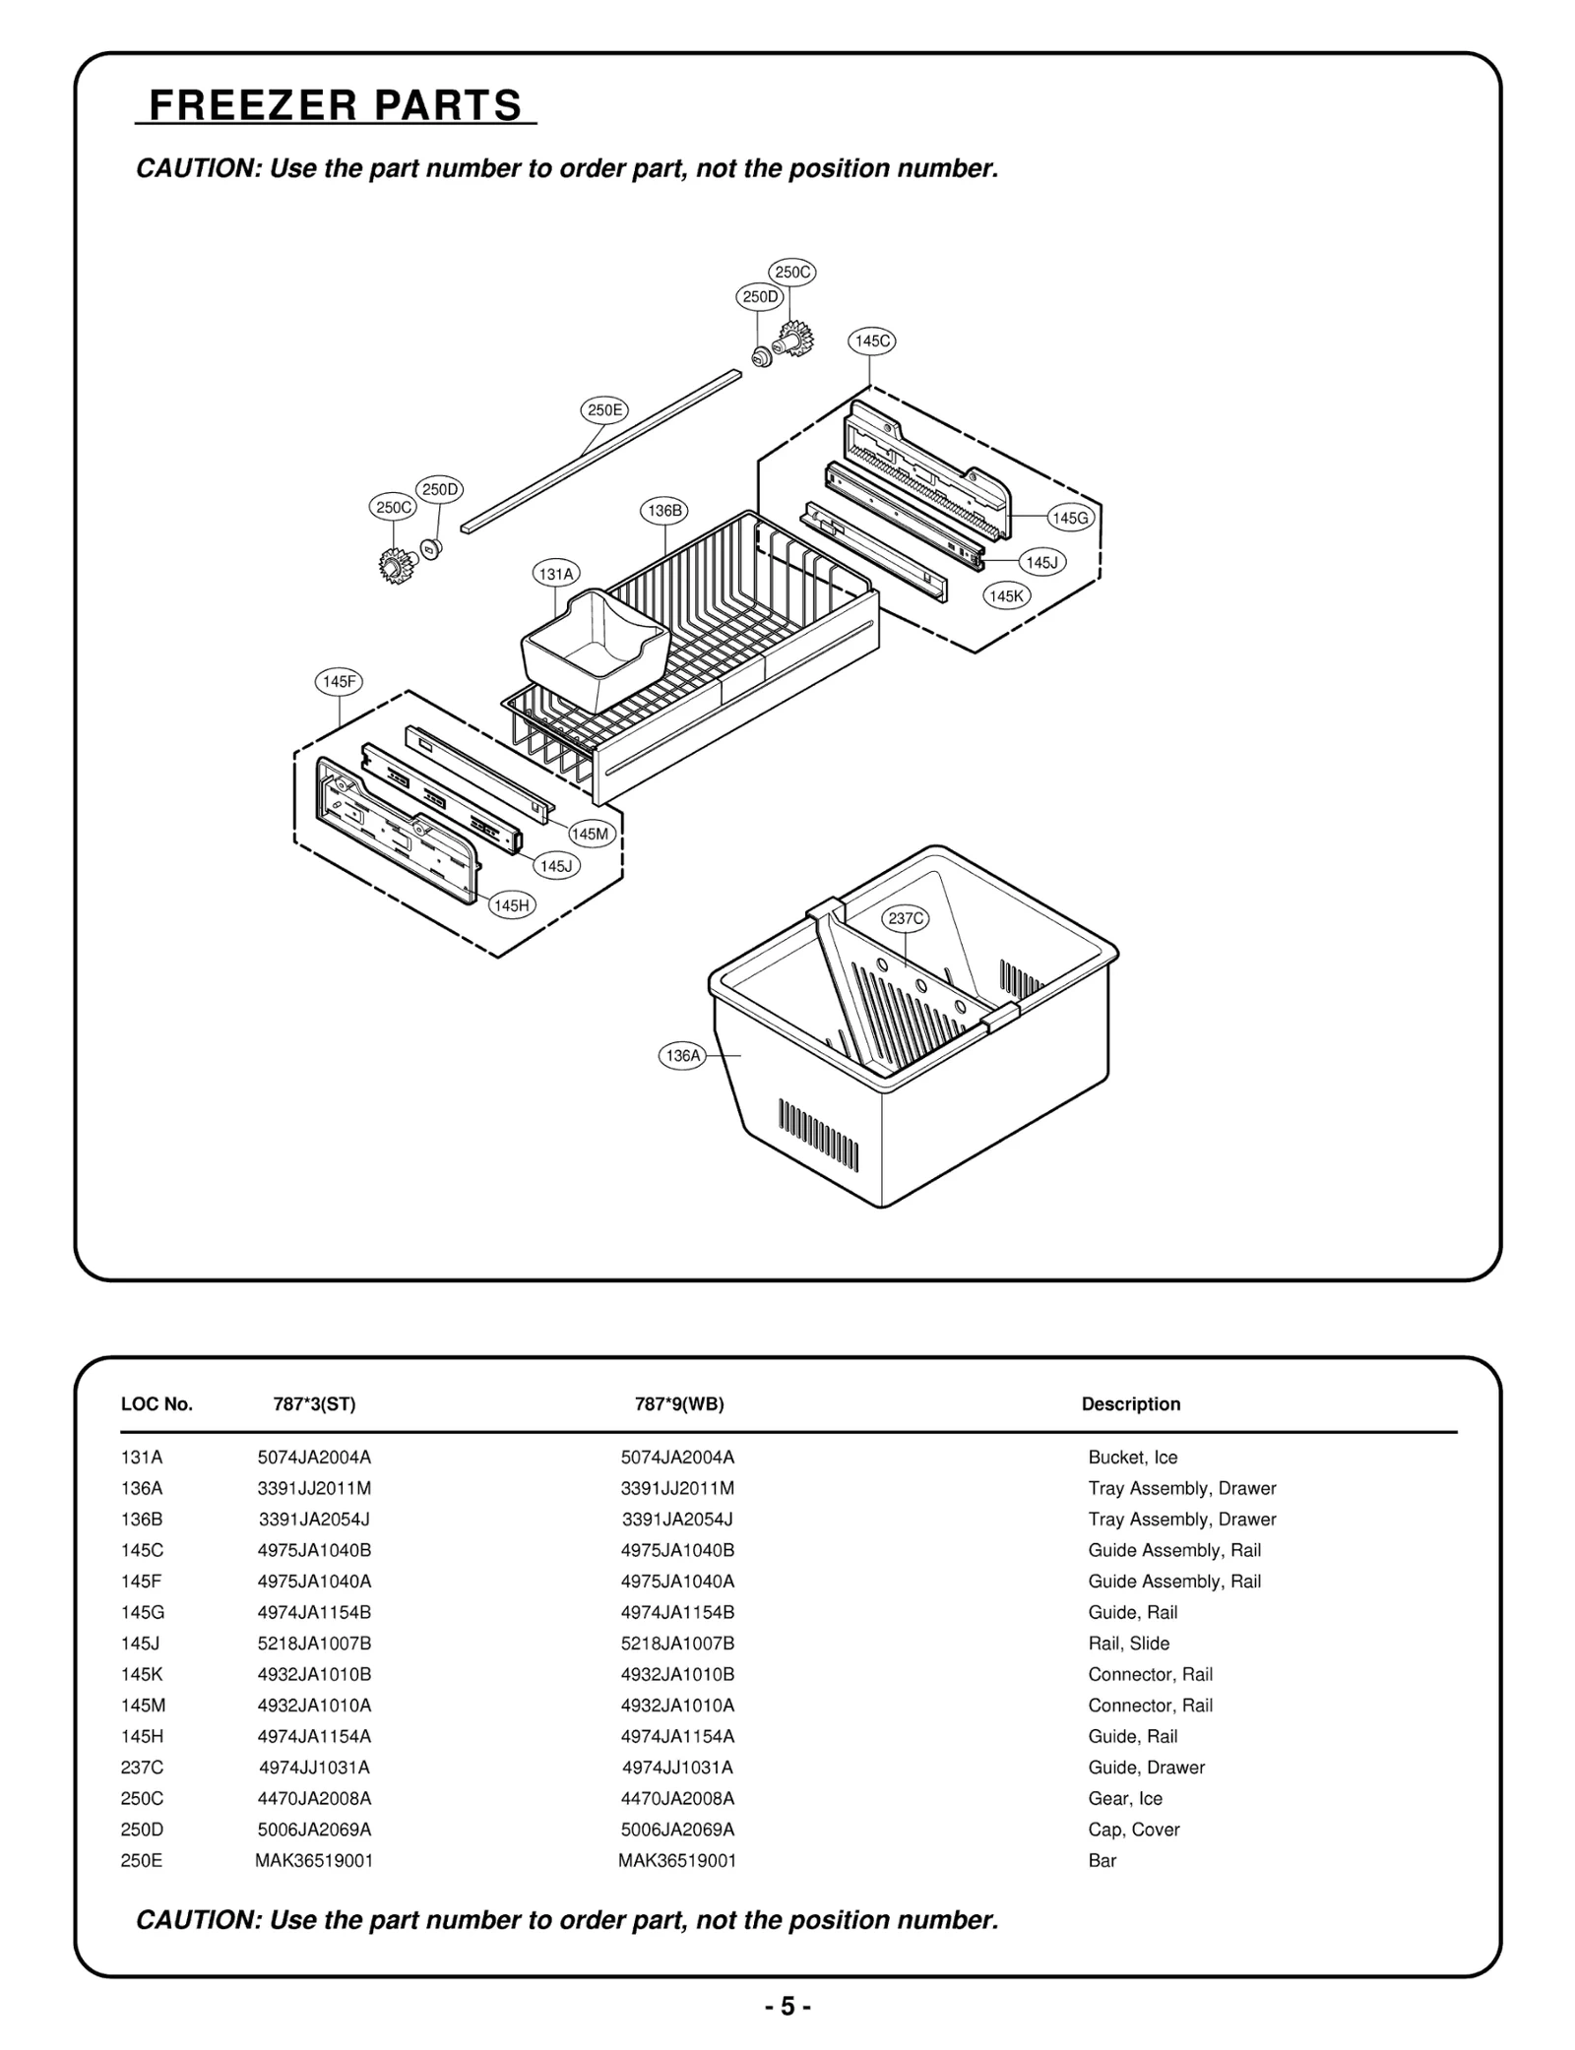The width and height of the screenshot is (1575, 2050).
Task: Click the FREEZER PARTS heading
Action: pos(336,105)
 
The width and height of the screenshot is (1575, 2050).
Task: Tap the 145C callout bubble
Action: pos(871,342)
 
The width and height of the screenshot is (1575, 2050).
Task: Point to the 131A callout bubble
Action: pos(556,573)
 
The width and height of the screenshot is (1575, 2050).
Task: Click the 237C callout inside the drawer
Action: pos(905,918)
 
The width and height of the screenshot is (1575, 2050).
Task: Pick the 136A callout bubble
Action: pos(682,1056)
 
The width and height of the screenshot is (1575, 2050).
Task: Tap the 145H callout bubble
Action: pos(512,905)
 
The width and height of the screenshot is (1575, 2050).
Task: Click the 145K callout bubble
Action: pos(1007,596)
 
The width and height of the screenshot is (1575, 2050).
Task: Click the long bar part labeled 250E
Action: pos(600,450)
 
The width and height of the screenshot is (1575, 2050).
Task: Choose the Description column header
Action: pos(1130,1404)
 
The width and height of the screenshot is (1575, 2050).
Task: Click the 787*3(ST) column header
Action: pos(314,1404)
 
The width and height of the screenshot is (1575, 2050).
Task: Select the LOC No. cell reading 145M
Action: pos(142,1706)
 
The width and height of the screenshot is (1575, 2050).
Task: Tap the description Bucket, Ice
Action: pos(1132,1458)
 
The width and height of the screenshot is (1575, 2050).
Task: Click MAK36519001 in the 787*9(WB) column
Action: pos(676,1860)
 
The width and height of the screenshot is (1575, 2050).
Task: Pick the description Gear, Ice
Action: pos(1124,1798)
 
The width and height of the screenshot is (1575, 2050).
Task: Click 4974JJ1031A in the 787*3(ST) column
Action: pos(314,1768)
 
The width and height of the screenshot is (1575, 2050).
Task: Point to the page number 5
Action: pos(787,2007)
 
